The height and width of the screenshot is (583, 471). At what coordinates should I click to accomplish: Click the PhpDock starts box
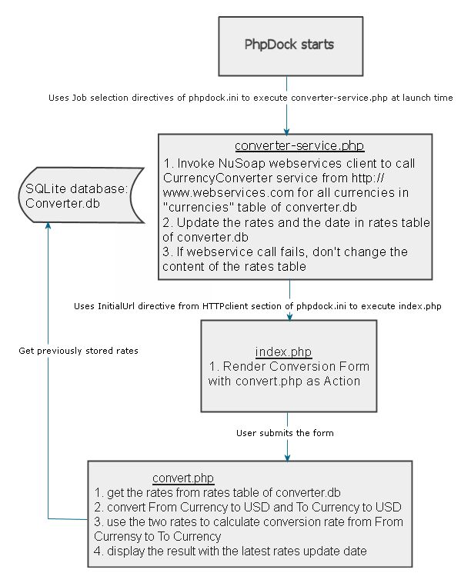[x=289, y=45]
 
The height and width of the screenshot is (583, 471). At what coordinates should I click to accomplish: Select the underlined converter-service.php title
[x=289, y=146]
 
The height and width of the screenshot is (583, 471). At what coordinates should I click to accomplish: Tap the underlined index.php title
[x=283, y=351]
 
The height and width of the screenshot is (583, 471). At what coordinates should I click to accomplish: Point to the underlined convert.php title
[x=183, y=478]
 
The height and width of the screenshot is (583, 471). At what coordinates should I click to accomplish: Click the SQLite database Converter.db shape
[x=73, y=195]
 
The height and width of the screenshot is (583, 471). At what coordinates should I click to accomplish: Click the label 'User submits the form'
[x=285, y=433]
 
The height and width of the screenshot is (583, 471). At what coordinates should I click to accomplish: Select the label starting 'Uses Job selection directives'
[x=250, y=98]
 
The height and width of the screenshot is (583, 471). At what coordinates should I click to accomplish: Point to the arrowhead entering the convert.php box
[x=287, y=456]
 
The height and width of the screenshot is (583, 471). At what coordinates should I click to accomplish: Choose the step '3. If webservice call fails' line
[x=286, y=252]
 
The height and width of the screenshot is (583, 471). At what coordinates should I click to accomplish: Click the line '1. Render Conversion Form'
[x=284, y=366]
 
